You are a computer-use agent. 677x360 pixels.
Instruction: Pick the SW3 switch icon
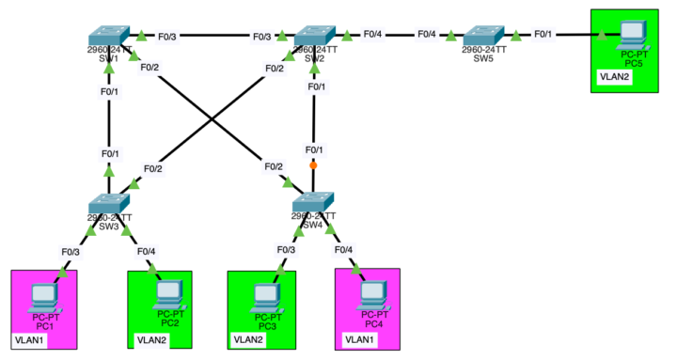109,203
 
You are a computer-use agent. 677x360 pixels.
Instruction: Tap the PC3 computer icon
264,296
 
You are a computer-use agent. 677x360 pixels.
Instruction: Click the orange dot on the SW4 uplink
313,165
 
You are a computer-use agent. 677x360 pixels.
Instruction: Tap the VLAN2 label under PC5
612,78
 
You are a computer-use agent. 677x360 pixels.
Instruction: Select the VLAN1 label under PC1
29,339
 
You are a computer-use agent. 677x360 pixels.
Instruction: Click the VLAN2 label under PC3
249,339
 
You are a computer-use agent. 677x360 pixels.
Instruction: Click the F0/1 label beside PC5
543,35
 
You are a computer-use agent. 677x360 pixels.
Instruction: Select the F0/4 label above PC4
343,249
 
